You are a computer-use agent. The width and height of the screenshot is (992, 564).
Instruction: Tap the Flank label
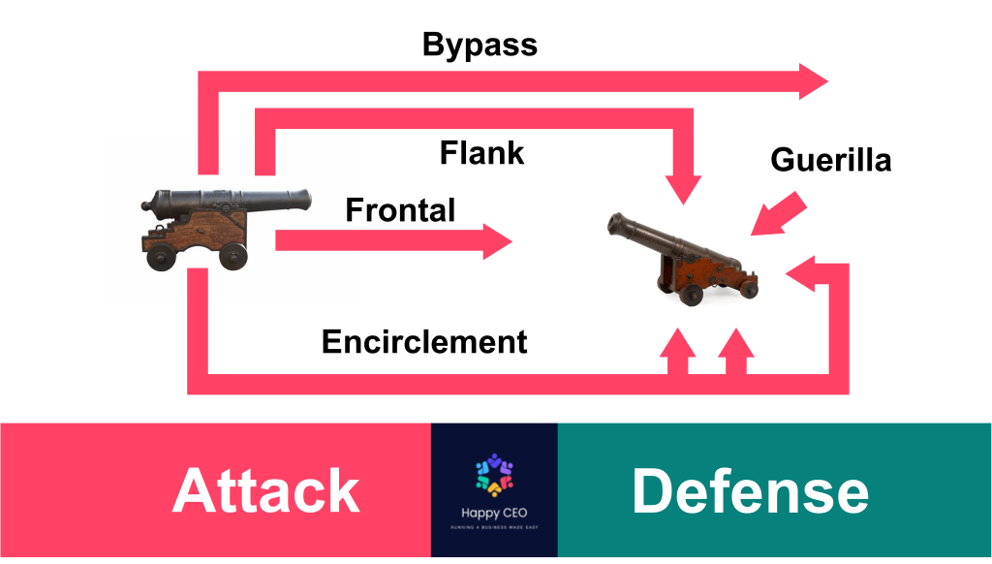(x=481, y=152)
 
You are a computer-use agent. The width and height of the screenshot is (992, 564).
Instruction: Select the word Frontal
(x=400, y=209)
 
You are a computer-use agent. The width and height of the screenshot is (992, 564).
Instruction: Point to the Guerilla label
(x=830, y=159)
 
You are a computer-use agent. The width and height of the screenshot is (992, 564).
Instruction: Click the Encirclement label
(x=424, y=341)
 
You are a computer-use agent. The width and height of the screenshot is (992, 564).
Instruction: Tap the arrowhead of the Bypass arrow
(x=813, y=80)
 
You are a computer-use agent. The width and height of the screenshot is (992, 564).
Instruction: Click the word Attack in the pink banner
(x=265, y=490)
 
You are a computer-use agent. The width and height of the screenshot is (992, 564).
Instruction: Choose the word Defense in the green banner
(x=750, y=490)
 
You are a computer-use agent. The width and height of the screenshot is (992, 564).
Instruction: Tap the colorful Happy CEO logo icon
(x=494, y=471)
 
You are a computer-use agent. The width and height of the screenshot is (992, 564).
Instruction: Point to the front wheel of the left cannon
(x=232, y=256)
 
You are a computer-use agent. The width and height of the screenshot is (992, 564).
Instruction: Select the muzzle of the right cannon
(x=613, y=225)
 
